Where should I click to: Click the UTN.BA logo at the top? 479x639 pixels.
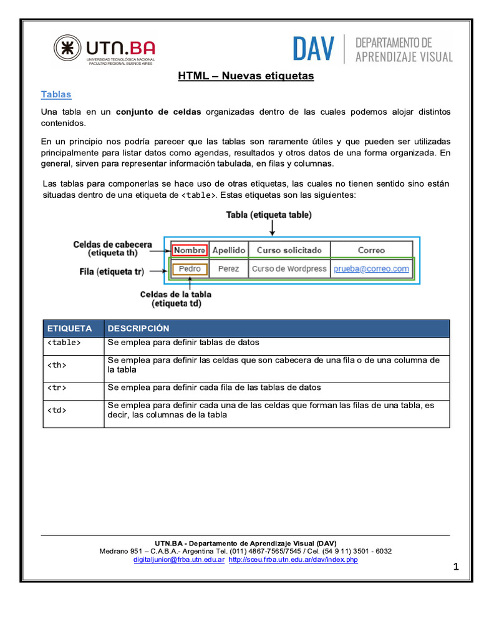(x=104, y=50)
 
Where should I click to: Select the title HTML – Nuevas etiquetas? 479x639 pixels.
(x=246, y=76)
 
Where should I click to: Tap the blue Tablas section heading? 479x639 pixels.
(x=56, y=95)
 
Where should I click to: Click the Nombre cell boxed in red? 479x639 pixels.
(x=190, y=250)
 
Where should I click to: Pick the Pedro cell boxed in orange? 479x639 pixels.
(x=190, y=269)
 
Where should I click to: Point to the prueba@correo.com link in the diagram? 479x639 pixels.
(x=372, y=269)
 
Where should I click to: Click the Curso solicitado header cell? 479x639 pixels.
(x=289, y=250)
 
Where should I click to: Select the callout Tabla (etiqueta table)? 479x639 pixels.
(x=269, y=215)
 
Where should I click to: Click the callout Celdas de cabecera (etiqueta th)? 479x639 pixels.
(x=112, y=248)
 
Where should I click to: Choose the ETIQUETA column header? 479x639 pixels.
(x=70, y=328)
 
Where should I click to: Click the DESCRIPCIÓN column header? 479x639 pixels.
(x=138, y=328)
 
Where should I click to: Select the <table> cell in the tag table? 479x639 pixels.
(x=64, y=343)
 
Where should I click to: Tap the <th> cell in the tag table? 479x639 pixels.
(x=57, y=365)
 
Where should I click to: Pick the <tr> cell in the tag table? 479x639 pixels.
(x=57, y=388)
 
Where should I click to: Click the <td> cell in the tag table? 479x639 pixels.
(x=57, y=410)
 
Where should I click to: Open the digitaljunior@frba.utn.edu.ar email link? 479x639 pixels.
(x=179, y=560)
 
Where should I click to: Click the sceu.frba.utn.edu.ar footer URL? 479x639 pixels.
(x=293, y=560)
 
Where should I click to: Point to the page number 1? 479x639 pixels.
(x=456, y=567)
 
